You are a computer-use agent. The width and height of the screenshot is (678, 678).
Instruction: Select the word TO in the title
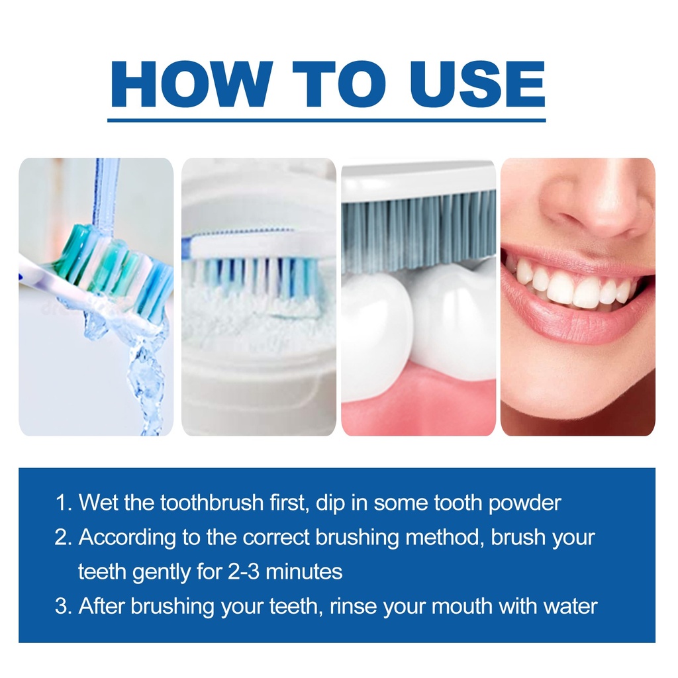point(339,84)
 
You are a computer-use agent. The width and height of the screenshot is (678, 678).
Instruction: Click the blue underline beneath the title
point(326,121)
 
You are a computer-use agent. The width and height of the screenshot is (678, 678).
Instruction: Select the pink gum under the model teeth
point(418,402)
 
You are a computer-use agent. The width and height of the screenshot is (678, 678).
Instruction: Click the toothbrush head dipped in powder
point(255,268)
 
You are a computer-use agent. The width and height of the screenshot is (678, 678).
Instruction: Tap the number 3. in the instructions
point(63,606)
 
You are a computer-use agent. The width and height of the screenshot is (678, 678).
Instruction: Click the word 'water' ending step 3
point(570,607)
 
